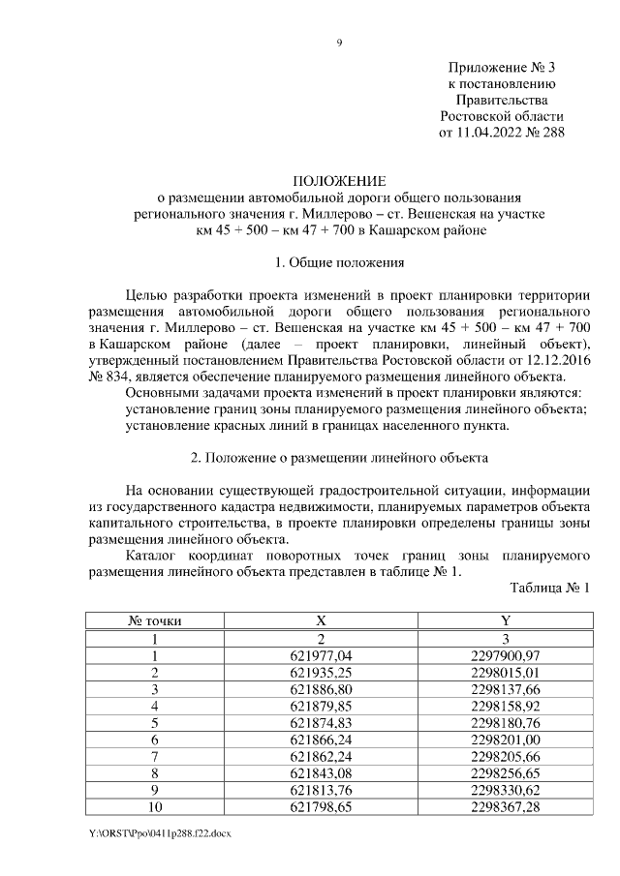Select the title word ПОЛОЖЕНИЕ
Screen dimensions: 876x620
pos(339,181)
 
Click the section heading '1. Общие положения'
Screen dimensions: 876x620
pos(339,262)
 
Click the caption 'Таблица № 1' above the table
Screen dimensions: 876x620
pos(548,588)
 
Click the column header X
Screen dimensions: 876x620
pos(323,622)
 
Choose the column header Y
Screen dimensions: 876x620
pos(505,622)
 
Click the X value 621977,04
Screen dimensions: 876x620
pos(323,656)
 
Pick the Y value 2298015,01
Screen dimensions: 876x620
pos(505,673)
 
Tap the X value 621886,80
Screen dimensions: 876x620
pos(323,689)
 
